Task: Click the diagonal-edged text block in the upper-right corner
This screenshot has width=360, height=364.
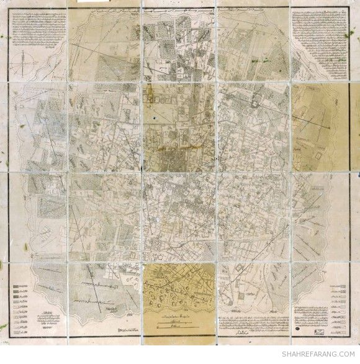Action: click(322, 31)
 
